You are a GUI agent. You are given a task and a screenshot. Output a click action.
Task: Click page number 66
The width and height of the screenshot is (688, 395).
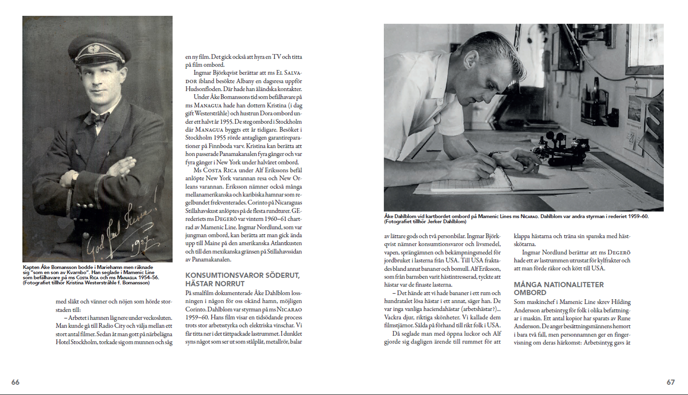15,382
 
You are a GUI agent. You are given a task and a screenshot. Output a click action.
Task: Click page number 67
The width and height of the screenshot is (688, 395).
671,382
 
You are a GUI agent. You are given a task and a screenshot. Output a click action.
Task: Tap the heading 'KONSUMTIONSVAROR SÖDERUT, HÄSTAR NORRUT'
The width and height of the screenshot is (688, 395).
242,279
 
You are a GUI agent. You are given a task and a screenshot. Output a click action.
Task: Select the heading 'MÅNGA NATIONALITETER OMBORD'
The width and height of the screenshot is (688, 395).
558,289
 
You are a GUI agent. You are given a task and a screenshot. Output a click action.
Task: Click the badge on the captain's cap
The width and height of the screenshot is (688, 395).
93,49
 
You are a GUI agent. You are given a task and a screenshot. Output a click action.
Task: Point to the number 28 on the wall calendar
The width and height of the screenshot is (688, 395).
632,139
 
